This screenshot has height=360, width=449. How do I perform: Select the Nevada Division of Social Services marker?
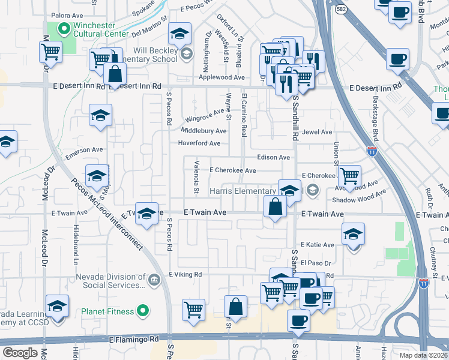[154, 279]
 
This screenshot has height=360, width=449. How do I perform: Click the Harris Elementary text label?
[242, 191]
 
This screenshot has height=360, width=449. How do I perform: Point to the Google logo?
[20, 353]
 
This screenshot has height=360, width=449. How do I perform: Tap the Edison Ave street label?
[273, 157]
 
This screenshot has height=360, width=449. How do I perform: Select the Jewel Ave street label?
[317, 132]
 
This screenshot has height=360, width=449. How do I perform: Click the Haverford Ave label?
[199, 143]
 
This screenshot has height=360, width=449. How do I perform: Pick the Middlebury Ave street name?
[203, 131]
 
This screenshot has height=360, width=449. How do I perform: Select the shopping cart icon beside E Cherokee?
[349, 176]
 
